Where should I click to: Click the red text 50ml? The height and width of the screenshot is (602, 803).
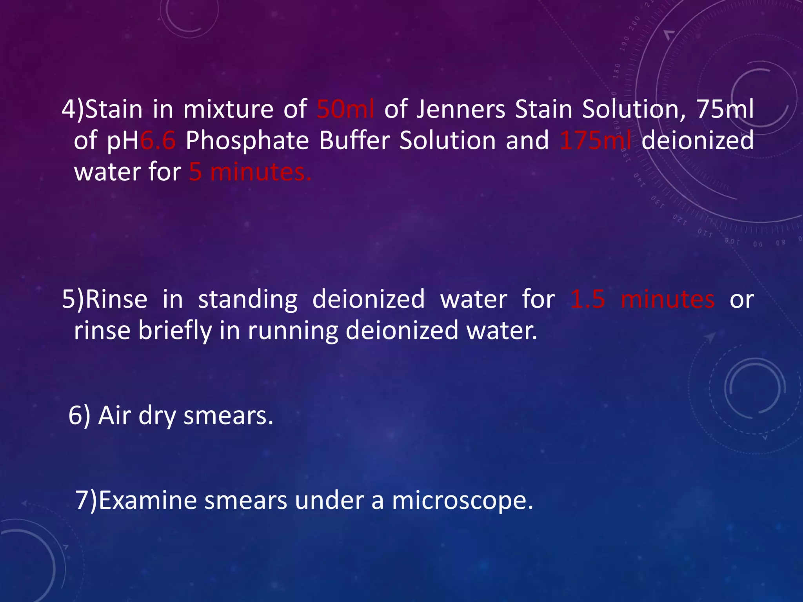click(345, 109)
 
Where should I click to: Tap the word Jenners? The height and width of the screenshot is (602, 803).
click(461, 109)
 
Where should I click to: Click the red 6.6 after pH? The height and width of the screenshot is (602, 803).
click(158, 140)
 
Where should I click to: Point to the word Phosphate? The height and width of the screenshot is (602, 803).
click(247, 141)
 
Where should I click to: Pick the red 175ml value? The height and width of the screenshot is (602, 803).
click(596, 140)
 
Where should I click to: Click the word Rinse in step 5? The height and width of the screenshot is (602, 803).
click(116, 299)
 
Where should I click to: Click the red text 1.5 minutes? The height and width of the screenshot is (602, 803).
click(642, 299)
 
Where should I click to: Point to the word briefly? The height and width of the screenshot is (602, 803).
click(175, 331)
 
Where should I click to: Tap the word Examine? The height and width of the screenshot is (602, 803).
click(147, 500)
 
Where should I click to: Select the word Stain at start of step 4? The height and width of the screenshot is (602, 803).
click(114, 109)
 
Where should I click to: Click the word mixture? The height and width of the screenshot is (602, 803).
click(229, 109)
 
